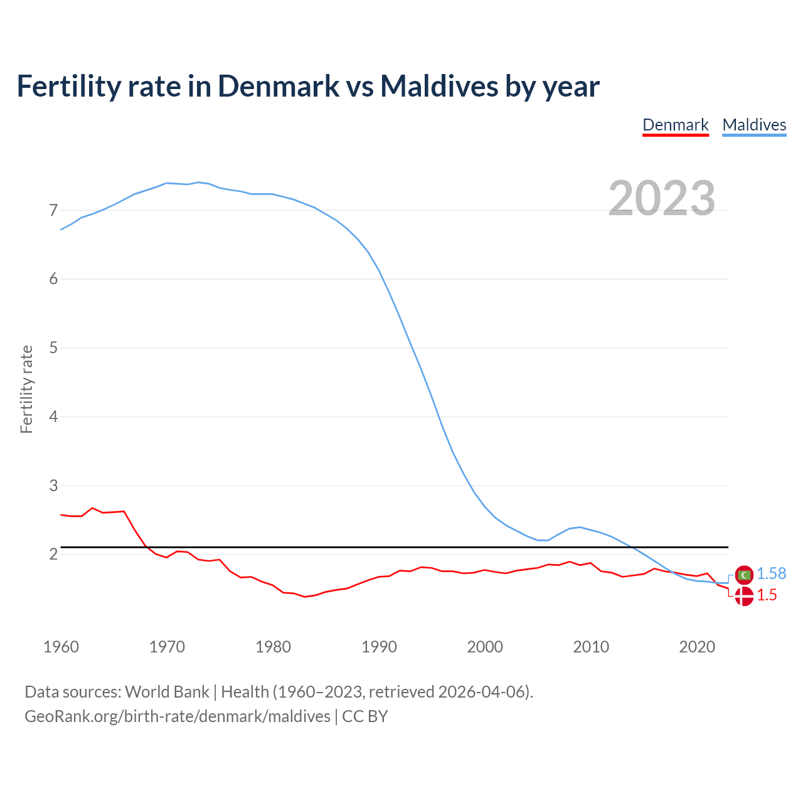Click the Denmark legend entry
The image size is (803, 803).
click(x=676, y=125)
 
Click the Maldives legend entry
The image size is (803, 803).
click(x=754, y=125)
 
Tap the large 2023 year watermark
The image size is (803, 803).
click(x=662, y=198)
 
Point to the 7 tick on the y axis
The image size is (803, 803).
click(x=53, y=210)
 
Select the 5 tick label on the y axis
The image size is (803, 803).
click(x=53, y=348)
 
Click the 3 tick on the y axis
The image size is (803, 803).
click(x=53, y=486)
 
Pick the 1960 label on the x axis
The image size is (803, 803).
click(x=61, y=647)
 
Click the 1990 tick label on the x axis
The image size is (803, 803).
click(x=379, y=647)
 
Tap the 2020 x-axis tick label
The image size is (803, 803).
click(x=697, y=647)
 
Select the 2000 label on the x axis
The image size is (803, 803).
click(x=485, y=647)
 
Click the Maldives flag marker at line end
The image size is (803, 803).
click(x=744, y=574)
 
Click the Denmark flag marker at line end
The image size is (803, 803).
click(x=744, y=596)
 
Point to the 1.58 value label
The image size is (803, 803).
click(x=771, y=574)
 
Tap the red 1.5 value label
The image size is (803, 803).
click(x=767, y=595)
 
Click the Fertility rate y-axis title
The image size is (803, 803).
click(x=26, y=389)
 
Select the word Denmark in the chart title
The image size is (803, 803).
click(x=279, y=86)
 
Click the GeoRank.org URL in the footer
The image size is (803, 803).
click(x=177, y=716)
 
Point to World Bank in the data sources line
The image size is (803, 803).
click(x=167, y=692)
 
